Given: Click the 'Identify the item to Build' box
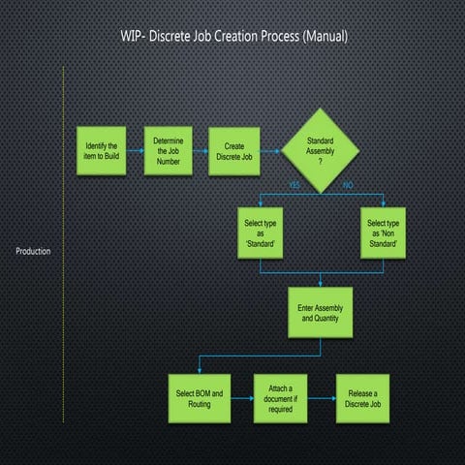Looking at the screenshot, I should (x=102, y=151).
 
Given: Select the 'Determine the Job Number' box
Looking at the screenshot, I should (x=169, y=151).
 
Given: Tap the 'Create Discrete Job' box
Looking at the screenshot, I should (x=233, y=151).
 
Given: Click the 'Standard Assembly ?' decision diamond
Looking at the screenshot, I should (x=320, y=150).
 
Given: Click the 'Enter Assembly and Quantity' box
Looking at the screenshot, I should (x=321, y=312).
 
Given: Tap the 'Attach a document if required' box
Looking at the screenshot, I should (x=281, y=399).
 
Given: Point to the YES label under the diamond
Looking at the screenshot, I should (x=294, y=184).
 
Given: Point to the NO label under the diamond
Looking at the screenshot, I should (x=348, y=184).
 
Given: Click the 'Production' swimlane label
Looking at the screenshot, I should (x=33, y=252).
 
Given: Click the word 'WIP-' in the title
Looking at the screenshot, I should (x=133, y=37).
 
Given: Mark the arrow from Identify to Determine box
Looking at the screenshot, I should (x=136, y=151).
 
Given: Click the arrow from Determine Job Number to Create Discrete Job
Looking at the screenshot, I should (x=201, y=151).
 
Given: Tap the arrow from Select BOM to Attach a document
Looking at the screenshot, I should (x=242, y=399).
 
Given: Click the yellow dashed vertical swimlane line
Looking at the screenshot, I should (x=63, y=252).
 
